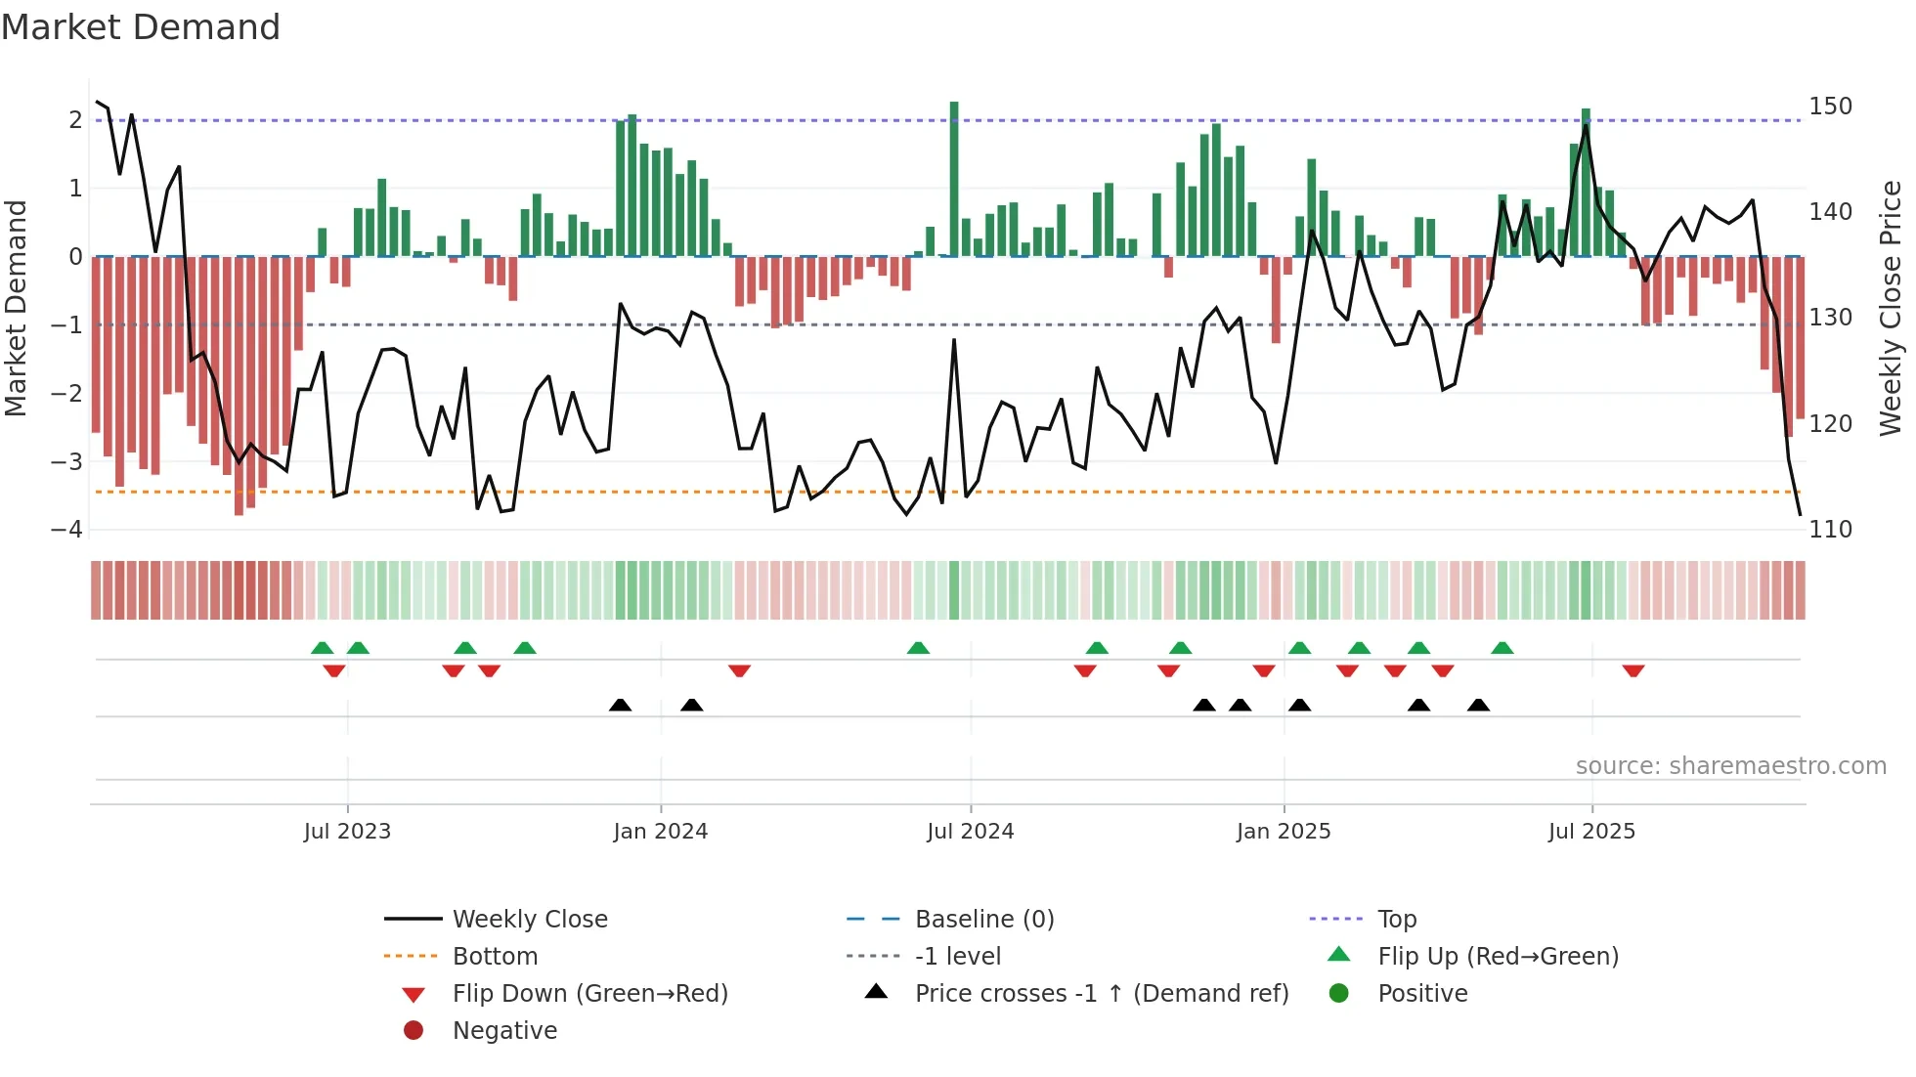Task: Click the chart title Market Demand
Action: (x=141, y=27)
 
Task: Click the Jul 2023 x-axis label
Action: (x=347, y=832)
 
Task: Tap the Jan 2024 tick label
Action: (x=660, y=832)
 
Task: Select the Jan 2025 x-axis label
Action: (x=1283, y=832)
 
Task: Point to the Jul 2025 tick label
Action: (x=1591, y=832)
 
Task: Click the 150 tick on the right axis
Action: (x=1830, y=106)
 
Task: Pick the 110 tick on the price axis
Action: (x=1830, y=529)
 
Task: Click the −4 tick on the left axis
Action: (x=66, y=529)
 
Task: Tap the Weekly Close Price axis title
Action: (x=1891, y=308)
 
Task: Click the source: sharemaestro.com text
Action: (x=1730, y=766)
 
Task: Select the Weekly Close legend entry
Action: (x=529, y=919)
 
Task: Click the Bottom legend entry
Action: (x=495, y=956)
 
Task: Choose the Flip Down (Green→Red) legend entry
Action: (x=589, y=993)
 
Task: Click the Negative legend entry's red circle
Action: (x=414, y=1030)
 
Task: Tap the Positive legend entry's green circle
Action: (x=1339, y=993)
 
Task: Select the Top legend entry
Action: (x=1397, y=919)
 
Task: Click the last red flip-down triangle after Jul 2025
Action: (x=1633, y=670)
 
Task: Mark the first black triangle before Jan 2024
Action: (x=620, y=705)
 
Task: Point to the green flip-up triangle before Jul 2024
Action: (x=918, y=648)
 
